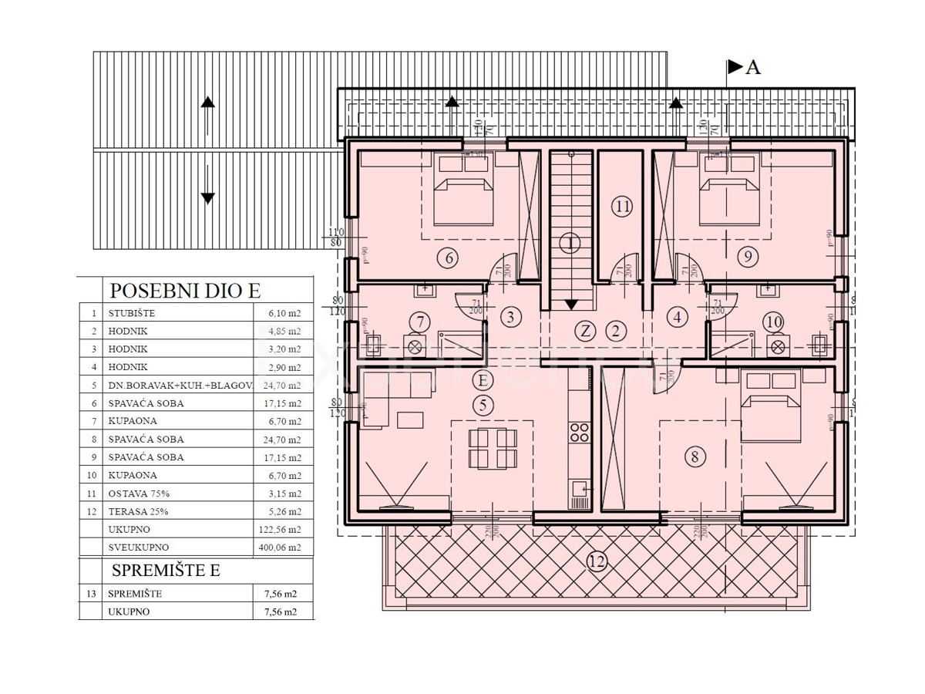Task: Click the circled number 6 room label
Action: point(449,258)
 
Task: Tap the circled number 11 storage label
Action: point(622,206)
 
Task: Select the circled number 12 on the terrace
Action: point(595,561)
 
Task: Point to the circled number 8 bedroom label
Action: point(695,456)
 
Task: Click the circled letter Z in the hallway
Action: point(586,332)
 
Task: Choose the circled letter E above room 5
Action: point(483,380)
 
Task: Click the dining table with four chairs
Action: point(492,449)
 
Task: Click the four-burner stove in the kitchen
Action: point(580,433)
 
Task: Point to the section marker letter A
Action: point(753,67)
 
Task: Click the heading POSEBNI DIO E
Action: point(185,291)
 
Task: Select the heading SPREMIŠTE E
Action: point(166,571)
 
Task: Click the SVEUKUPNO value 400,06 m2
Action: point(281,547)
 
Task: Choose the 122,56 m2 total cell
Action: point(281,530)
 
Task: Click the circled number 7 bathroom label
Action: point(419,321)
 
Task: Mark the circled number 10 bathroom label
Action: point(774,321)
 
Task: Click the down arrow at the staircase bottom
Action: point(570,305)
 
